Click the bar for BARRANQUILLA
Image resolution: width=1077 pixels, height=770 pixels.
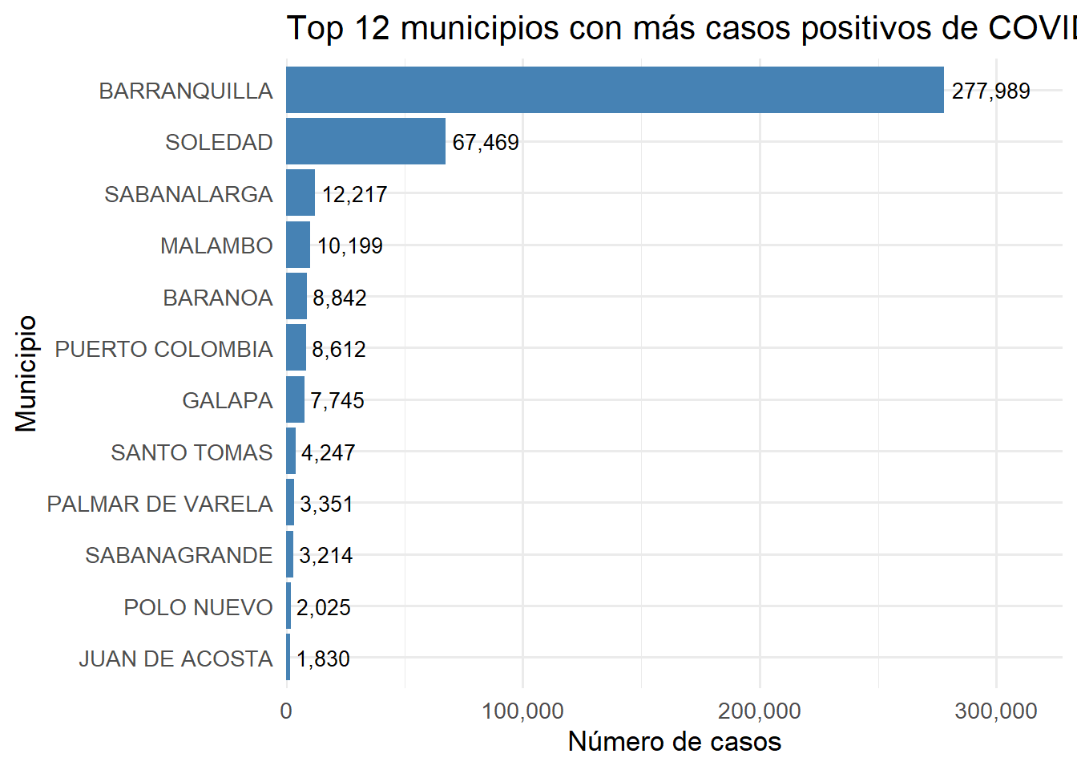click(615, 90)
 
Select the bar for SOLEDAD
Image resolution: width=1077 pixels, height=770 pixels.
click(365, 141)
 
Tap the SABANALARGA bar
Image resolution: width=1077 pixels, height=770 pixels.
click(301, 193)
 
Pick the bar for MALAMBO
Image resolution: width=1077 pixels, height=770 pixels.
click(298, 245)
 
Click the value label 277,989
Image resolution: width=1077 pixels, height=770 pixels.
click(990, 91)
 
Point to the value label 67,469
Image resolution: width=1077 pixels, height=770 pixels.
click(486, 142)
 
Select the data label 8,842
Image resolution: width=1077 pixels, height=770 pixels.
click(340, 298)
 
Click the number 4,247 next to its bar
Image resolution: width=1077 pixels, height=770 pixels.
click(329, 452)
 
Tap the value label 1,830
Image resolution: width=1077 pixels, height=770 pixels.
click(323, 659)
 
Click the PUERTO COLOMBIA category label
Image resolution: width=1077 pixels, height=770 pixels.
click(163, 349)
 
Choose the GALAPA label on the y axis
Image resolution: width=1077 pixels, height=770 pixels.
click(227, 400)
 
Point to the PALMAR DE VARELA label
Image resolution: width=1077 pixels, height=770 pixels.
click(159, 504)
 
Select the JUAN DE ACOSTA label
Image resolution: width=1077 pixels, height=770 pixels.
click(175, 659)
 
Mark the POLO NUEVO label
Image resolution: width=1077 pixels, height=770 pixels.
click(198, 607)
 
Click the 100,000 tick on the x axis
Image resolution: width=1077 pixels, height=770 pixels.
click(522, 711)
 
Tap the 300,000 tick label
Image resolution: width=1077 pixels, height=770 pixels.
click(996, 711)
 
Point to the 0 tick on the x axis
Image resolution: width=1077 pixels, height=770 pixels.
click(286, 711)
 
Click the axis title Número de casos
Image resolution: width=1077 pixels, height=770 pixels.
click(674, 741)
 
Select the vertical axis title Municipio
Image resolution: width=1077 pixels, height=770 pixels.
click(26, 373)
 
